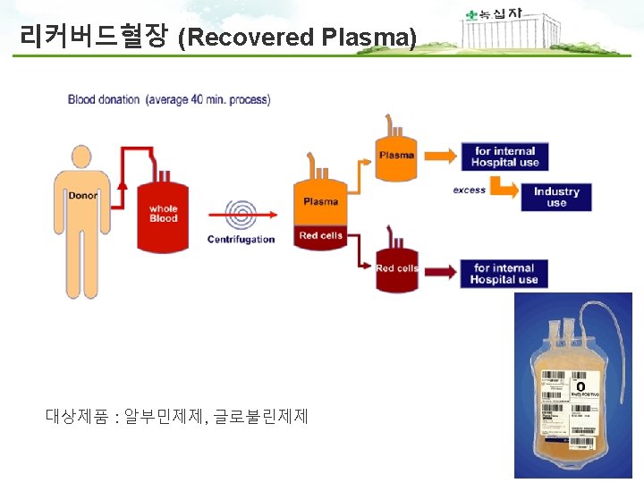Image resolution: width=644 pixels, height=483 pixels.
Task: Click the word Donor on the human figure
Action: (x=83, y=195)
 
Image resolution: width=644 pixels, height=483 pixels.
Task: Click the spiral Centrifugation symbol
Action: (x=241, y=215)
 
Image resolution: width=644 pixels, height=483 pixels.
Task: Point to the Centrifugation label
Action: (x=241, y=240)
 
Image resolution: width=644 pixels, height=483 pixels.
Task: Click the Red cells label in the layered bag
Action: (x=320, y=236)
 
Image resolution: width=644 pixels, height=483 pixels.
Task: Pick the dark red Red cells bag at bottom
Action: (x=396, y=267)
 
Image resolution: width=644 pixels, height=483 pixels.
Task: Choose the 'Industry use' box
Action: (x=556, y=197)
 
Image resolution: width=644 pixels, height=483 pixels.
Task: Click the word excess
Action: (x=469, y=190)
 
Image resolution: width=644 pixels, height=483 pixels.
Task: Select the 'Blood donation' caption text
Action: (x=169, y=99)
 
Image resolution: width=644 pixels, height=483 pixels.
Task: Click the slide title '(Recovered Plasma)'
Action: (x=297, y=38)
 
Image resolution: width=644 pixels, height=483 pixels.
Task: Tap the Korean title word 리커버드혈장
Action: (x=96, y=37)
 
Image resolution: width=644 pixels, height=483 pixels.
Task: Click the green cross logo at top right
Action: (x=471, y=15)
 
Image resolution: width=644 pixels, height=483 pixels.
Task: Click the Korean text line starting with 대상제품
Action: (x=176, y=415)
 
